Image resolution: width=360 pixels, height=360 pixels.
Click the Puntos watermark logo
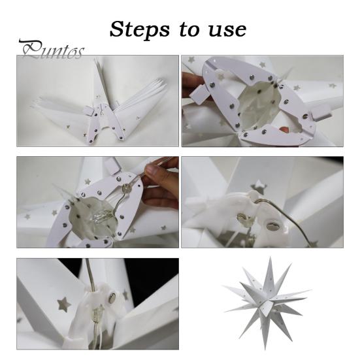(x=51, y=50)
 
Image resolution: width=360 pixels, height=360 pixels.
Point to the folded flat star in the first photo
(x=98, y=105)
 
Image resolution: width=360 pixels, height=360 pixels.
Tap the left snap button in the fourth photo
(x=240, y=218)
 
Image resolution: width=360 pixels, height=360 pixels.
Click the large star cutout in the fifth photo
(x=64, y=303)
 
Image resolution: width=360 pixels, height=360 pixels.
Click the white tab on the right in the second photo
(x=323, y=114)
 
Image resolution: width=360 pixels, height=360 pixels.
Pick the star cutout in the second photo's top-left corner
(x=191, y=59)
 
